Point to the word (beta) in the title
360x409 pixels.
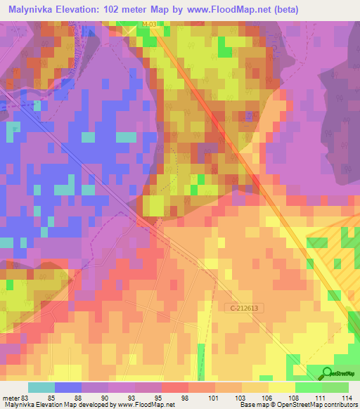[279, 9]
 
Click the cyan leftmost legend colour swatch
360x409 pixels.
[41, 388]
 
